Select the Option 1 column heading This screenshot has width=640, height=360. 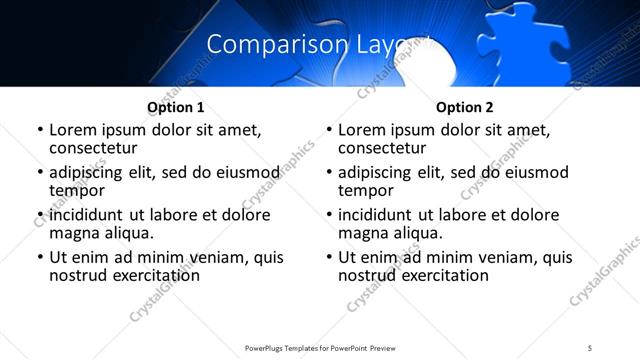pyautogui.click(x=175, y=107)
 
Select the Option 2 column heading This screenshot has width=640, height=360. pyautogui.click(x=464, y=107)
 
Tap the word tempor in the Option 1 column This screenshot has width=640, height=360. pyautogui.click(x=75, y=189)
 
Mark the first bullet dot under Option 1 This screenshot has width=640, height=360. pyautogui.click(x=40, y=130)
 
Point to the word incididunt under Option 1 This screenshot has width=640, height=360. pyautogui.click(x=85, y=215)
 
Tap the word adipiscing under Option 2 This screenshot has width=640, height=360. pyautogui.click(x=376, y=172)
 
